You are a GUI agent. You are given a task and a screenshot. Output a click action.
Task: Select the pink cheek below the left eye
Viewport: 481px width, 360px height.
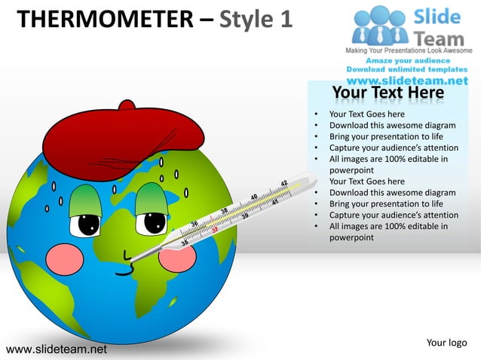pos(69,258)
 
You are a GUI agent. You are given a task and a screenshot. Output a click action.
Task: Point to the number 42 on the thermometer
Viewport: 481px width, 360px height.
pos(284,183)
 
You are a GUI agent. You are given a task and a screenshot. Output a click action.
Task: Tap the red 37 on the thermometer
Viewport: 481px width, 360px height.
pos(214,229)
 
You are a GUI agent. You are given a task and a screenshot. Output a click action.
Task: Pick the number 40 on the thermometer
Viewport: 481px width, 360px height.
pos(255,197)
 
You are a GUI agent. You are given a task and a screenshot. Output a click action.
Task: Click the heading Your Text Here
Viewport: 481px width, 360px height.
pos(388,93)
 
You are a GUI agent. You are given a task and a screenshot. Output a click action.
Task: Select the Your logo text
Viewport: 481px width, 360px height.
pos(446,343)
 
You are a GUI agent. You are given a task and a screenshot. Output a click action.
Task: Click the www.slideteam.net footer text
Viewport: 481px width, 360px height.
pos(56,349)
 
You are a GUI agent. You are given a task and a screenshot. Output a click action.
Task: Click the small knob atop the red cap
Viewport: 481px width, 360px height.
pos(127,105)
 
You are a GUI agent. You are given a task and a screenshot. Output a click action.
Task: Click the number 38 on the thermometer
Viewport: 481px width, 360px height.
pos(225,210)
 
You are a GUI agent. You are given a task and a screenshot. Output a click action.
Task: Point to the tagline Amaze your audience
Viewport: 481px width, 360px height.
pos(408,60)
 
